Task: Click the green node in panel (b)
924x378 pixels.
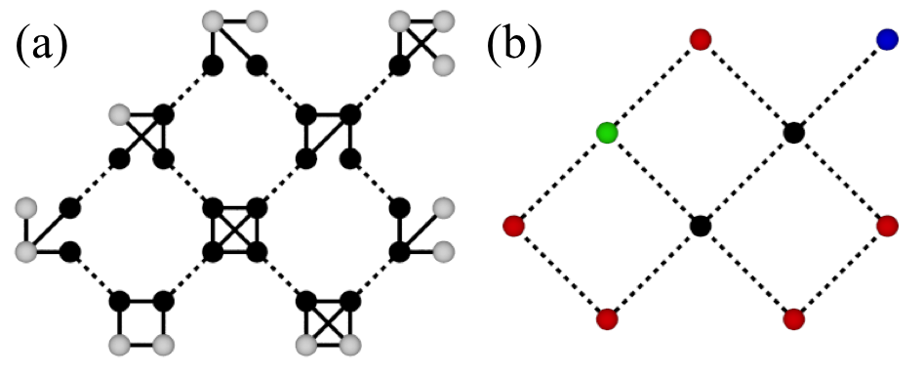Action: (607, 133)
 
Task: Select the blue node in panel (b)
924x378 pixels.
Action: (887, 39)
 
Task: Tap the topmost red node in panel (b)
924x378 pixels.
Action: (700, 39)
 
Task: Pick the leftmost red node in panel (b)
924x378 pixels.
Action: (513, 227)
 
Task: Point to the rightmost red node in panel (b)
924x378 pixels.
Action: (887, 227)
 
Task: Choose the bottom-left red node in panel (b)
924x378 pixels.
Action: (607, 319)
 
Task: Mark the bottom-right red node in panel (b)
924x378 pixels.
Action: (793, 319)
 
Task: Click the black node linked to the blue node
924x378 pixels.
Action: (793, 133)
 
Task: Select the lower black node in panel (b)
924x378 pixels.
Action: (700, 227)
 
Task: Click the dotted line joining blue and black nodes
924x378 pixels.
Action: (840, 86)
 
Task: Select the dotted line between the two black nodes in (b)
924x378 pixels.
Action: (746, 180)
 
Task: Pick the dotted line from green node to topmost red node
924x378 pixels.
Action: (654, 86)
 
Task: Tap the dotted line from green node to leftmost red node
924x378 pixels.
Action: (560, 180)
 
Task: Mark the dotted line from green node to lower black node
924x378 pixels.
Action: (654, 180)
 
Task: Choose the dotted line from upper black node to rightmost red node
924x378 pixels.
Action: (840, 180)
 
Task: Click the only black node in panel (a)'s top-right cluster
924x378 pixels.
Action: (398, 66)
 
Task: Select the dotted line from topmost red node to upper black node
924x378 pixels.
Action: (746, 86)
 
